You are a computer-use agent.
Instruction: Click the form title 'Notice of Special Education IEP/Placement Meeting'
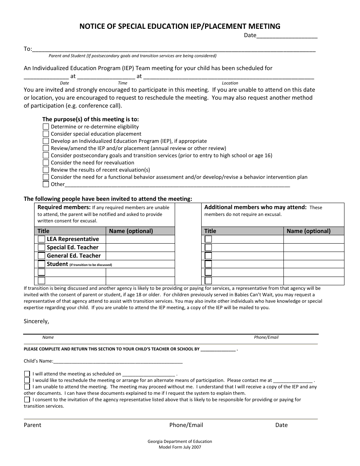click(x=180, y=26)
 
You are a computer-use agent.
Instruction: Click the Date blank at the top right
click(x=287, y=36)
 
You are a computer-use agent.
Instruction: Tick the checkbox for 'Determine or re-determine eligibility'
click(x=46, y=127)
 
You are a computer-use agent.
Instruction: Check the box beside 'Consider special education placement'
click(x=46, y=134)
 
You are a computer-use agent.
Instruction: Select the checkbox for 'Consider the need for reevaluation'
click(x=46, y=163)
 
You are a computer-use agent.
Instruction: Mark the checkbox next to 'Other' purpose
click(x=46, y=184)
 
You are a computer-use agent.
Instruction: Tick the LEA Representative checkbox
click(x=41, y=239)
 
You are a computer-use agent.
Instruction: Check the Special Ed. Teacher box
click(x=41, y=247)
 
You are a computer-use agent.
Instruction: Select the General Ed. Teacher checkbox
click(x=41, y=256)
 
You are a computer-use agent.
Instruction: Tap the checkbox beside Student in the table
click(x=41, y=264)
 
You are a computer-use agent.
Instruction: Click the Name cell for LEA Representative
click(x=140, y=239)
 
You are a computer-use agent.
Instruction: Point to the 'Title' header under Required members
click(x=44, y=231)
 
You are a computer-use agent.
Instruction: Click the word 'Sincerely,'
click(x=36, y=321)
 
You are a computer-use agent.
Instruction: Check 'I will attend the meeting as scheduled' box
click(x=27, y=374)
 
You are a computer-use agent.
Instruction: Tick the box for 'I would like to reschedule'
click(x=27, y=380)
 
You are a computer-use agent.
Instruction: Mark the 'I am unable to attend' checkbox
click(x=27, y=387)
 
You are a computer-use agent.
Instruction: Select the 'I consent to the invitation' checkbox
click(x=27, y=399)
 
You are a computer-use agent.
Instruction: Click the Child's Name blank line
click(x=118, y=361)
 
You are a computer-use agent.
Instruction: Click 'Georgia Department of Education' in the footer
click(x=180, y=441)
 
